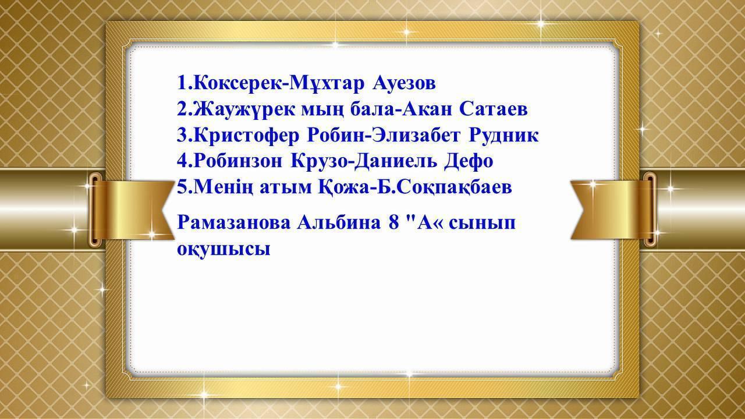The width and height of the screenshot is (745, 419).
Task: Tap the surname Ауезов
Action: [x=404, y=83]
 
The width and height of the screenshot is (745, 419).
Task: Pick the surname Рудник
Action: [x=503, y=136]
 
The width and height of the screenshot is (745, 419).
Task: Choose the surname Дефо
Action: [x=469, y=161]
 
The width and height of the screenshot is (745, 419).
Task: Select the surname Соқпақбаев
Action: [x=455, y=187]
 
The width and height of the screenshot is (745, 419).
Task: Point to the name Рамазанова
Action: [x=234, y=222]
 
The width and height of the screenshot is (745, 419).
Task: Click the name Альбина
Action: [x=339, y=222]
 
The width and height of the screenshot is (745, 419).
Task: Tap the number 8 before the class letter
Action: [x=393, y=222]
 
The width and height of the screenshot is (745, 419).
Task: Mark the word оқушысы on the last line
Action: [x=223, y=250]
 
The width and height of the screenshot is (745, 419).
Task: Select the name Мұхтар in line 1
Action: [x=327, y=84]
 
